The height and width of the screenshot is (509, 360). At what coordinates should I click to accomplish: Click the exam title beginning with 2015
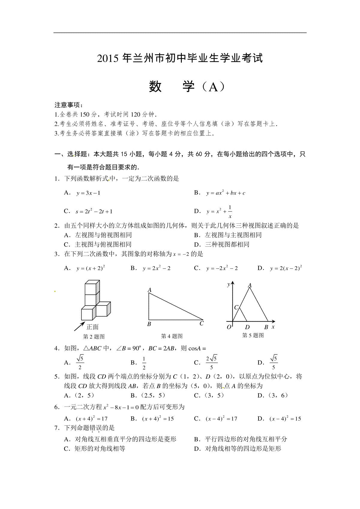pyautogui.click(x=180, y=58)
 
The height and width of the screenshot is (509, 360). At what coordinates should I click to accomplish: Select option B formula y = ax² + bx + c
pyautogui.click(x=226, y=193)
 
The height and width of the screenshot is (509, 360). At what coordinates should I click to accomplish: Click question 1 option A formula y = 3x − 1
pyautogui.click(x=88, y=193)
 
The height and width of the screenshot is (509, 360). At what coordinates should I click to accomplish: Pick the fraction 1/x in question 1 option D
pyautogui.click(x=230, y=212)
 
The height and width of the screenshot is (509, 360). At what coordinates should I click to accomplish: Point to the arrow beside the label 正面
pyautogui.click(x=79, y=326)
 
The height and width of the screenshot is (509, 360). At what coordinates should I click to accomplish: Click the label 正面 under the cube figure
pyautogui.click(x=92, y=327)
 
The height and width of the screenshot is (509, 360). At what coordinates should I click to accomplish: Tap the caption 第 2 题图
pyautogui.click(x=94, y=337)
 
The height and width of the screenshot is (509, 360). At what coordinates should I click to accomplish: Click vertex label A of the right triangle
pyautogui.click(x=150, y=290)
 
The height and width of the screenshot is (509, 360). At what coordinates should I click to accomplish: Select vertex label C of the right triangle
pyautogui.click(x=202, y=323)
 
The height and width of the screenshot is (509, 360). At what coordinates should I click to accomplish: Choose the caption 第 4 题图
pyautogui.click(x=172, y=336)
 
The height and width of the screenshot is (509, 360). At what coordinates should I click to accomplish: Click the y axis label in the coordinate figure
pyautogui.click(x=229, y=284)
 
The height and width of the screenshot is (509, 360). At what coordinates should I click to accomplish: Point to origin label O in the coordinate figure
pyautogui.click(x=229, y=327)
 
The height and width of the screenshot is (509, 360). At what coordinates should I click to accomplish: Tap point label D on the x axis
pyautogui.click(x=247, y=327)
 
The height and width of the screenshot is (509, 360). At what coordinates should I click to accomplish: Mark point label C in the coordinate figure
pyautogui.click(x=236, y=307)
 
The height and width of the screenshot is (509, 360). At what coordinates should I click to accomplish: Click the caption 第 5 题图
pyautogui.click(x=253, y=335)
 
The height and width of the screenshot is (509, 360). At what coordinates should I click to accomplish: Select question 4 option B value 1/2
pyautogui.click(x=144, y=363)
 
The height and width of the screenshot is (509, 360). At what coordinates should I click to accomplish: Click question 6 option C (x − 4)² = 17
pyautogui.click(x=221, y=419)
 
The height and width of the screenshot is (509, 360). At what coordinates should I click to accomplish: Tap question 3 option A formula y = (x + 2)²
pyautogui.click(x=90, y=268)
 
